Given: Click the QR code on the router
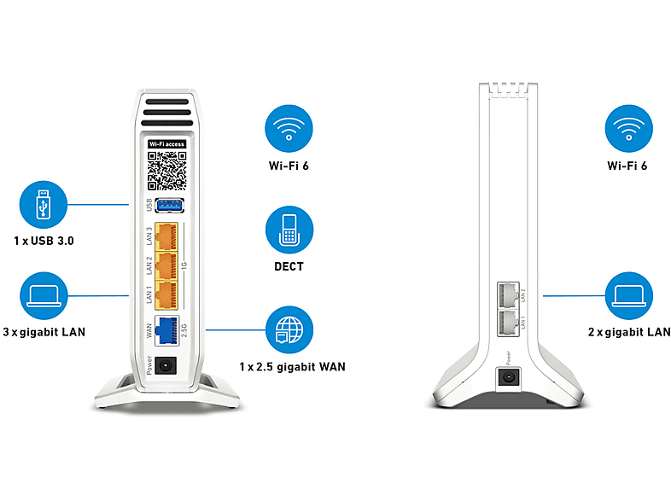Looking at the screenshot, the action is (166, 171).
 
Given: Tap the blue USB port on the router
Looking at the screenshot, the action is (170, 206).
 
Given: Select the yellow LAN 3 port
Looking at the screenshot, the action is (166, 236).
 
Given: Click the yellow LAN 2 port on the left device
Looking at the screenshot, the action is (166, 265).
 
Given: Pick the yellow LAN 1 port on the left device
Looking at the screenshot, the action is (166, 295).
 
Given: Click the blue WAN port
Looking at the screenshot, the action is (166, 329).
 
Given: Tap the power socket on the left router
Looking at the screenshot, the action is (165, 366).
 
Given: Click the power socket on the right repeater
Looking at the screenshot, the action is (509, 378).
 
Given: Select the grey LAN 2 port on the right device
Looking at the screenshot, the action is (509, 294).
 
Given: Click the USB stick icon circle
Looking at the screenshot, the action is (44, 205).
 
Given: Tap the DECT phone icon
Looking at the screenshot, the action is (289, 230).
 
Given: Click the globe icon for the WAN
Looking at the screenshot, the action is (289, 329).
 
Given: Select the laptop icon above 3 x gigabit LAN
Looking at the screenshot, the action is (44, 295).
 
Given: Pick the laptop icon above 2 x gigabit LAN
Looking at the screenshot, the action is (629, 295).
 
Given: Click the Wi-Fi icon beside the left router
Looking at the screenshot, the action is (289, 128).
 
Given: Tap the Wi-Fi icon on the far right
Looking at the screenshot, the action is (628, 128).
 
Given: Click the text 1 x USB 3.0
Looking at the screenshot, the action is (44, 241).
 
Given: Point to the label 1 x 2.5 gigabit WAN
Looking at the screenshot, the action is (292, 367).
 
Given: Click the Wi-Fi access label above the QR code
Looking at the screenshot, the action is (166, 144).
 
